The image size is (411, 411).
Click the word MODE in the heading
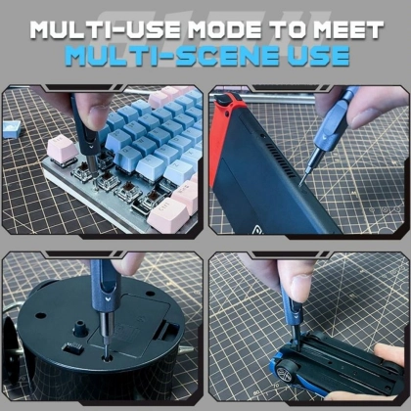(x=225, y=30)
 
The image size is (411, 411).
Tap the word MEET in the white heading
(x=348, y=30)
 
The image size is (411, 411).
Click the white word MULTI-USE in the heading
(x=106, y=30)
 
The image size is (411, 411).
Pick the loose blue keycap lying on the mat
(x=12, y=129)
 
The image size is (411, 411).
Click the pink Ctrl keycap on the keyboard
(x=167, y=214)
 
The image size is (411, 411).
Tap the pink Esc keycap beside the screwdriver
(x=62, y=149)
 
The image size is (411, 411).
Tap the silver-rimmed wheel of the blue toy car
(x=284, y=373)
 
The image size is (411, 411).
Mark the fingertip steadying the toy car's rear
(x=388, y=355)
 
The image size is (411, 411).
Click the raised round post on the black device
(x=80, y=329)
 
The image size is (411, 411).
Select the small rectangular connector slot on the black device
(x=73, y=349)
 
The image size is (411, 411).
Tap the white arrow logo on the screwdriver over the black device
(x=108, y=298)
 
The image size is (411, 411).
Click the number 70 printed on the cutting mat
(x=277, y=386)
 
